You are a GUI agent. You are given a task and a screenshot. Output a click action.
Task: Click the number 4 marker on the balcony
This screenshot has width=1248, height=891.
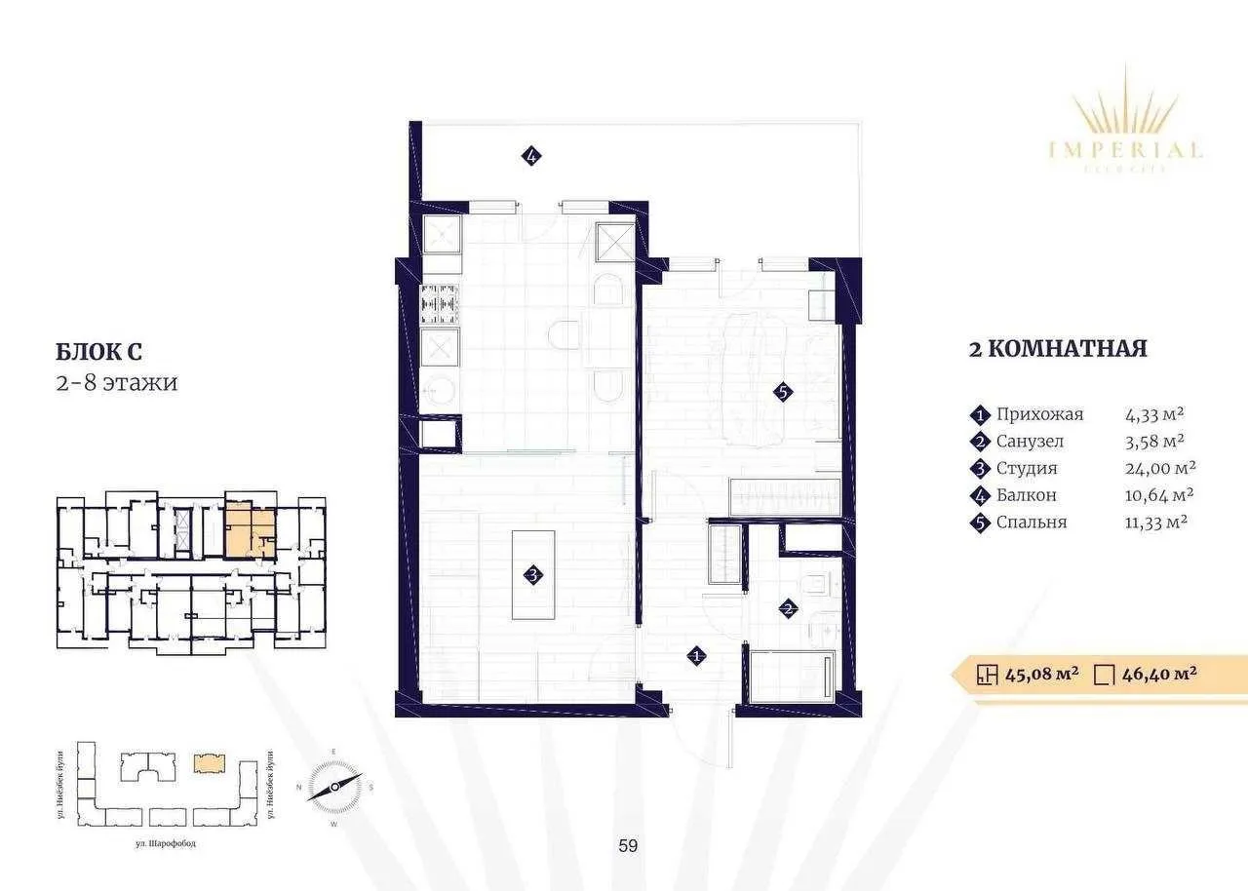coord(531,155)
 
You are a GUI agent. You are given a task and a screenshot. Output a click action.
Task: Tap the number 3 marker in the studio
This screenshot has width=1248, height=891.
coord(533,575)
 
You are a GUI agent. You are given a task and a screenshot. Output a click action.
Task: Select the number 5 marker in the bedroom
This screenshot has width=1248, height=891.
coord(783,393)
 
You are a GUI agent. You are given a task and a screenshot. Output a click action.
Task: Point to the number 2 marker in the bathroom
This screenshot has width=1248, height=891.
coord(788,609)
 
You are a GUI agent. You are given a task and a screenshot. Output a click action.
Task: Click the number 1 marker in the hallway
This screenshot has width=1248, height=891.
coord(696,656)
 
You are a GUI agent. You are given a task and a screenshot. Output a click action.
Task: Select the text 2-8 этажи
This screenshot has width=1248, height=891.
coord(115,382)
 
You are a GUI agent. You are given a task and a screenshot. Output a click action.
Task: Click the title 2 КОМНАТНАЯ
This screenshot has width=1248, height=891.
coord(1057,349)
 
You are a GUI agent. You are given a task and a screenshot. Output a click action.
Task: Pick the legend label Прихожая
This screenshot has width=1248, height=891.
coord(1039,414)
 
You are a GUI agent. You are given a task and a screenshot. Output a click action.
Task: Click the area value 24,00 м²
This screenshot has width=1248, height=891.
coord(1160,468)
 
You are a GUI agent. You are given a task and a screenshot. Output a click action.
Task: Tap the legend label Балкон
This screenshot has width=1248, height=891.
coord(1026,495)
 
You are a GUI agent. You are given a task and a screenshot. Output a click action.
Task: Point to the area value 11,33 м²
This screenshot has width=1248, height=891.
coord(1155,522)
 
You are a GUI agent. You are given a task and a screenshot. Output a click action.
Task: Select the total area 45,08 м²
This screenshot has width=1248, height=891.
coord(1040,673)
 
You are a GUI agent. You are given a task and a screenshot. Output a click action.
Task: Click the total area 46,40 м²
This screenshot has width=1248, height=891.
coord(1159,673)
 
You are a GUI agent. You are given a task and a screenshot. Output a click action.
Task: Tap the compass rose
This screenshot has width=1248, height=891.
coord(334,786)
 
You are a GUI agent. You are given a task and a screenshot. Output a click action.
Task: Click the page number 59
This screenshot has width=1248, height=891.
coord(628,846)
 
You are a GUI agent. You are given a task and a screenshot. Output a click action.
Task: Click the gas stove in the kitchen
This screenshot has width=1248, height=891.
coord(439,304)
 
